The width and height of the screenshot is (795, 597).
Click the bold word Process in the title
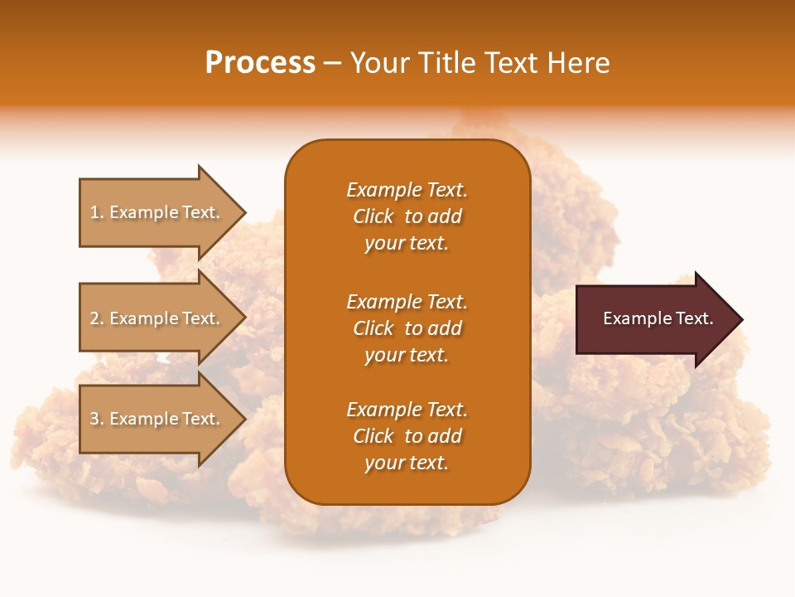(x=260, y=63)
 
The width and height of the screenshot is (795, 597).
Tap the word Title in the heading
(x=447, y=63)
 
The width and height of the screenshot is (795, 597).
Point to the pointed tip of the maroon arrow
(x=740, y=319)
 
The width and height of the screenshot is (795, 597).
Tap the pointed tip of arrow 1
(x=243, y=212)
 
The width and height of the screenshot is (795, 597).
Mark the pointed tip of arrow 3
(x=243, y=419)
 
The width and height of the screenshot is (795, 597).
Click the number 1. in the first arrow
(x=97, y=212)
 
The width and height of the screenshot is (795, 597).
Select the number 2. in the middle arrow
(x=97, y=318)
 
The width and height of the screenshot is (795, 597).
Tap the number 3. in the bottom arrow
(x=97, y=419)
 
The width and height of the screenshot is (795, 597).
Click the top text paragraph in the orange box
(x=407, y=216)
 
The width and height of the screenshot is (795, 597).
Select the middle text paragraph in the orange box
(x=407, y=328)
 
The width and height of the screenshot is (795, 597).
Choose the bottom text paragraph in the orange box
(x=407, y=436)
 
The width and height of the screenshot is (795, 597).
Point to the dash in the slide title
(x=332, y=64)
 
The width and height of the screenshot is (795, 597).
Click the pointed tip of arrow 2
(x=243, y=318)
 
